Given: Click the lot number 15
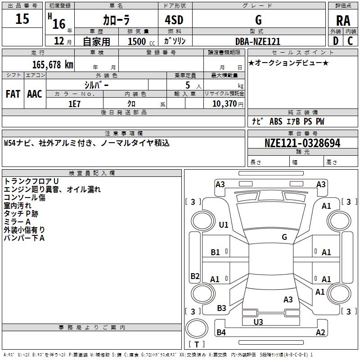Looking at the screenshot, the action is point(22,20).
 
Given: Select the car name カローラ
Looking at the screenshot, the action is point(116,20).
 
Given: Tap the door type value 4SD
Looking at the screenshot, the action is point(171,20).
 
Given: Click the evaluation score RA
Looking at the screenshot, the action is point(343,20).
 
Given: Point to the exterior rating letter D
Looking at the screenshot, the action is point(335,41).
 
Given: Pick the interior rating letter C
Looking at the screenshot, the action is point(350,41).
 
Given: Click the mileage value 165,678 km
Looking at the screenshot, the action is point(53,64).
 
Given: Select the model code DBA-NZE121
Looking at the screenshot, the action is point(258,41).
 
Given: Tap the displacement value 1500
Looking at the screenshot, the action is point(137,41).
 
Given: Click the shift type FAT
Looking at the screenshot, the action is point(13,94).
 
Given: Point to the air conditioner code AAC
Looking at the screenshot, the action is point(34,94).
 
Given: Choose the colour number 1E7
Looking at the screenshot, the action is point(74,103).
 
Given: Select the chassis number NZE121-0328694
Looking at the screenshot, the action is point(302,143).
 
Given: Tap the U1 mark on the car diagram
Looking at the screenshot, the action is point(224,225).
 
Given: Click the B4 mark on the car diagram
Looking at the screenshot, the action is point(221,333).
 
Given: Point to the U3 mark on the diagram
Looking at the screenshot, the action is point(258,322).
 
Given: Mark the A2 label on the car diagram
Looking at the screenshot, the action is point(320,333).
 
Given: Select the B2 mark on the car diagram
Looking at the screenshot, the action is point(195,276).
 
